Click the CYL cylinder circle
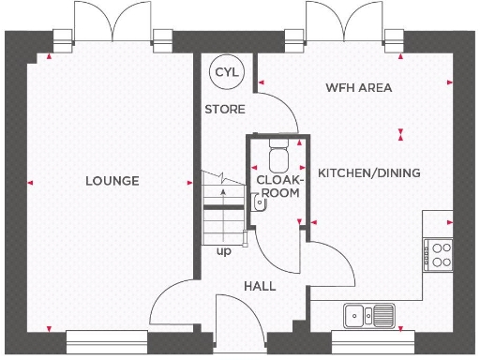(224, 72)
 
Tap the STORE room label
(225, 110)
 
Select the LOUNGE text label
(112, 181)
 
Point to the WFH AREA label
(358, 88)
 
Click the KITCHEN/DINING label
(368, 173)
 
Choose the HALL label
(260, 286)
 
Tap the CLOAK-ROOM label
(279, 185)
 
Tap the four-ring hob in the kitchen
(439, 253)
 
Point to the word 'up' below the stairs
(224, 251)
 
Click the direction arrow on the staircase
(222, 194)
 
